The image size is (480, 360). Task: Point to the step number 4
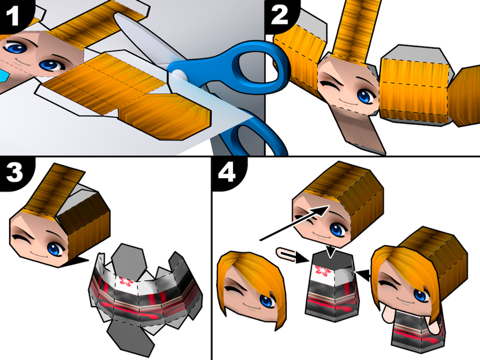pyautogui.click(x=227, y=172)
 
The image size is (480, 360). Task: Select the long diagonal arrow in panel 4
pyautogui.click(x=293, y=223)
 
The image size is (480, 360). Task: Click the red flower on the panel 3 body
pyautogui.click(x=125, y=281)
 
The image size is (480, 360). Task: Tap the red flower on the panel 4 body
pyautogui.click(x=322, y=270)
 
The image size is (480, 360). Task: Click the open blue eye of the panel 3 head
pyautogui.click(x=55, y=248)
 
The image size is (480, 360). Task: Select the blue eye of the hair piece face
pyautogui.click(x=267, y=300)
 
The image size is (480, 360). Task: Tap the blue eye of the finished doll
pyautogui.click(x=420, y=295)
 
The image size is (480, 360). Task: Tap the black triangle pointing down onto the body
pyautogui.click(x=331, y=252)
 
